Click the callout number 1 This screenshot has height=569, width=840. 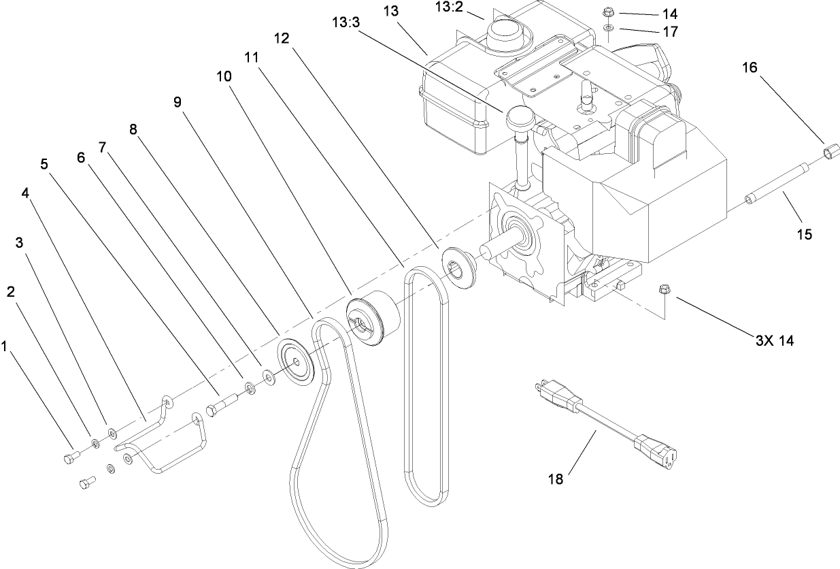click(5, 347)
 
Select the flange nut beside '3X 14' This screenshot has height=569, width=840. click(663, 291)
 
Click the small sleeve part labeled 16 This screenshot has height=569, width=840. click(828, 150)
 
